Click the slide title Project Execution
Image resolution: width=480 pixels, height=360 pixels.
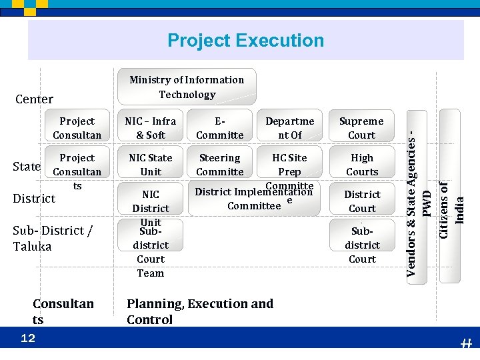[x=245, y=41]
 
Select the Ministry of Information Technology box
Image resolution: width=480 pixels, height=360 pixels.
[x=187, y=87]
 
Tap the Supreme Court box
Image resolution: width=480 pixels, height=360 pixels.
[x=361, y=128]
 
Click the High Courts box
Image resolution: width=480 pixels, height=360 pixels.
[x=361, y=165]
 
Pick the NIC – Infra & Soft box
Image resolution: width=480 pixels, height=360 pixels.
[x=151, y=128]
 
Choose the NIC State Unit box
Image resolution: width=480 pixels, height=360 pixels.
[x=151, y=165]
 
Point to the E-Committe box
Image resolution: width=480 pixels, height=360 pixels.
[x=220, y=128]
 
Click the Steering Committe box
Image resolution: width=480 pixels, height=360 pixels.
[x=220, y=165]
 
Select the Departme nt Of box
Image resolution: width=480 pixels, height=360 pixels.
[x=289, y=128]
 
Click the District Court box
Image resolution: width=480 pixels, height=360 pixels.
[x=361, y=201]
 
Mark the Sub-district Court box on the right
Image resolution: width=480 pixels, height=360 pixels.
[x=361, y=245]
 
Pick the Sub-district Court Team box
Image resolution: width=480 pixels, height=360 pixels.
[x=151, y=251]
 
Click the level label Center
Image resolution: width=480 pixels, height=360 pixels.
[x=34, y=99]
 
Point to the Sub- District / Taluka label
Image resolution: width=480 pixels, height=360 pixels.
[x=53, y=238]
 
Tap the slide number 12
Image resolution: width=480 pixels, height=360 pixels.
[x=28, y=339]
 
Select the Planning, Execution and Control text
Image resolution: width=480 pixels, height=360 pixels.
[x=199, y=311]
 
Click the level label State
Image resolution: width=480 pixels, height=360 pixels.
[x=27, y=166]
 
